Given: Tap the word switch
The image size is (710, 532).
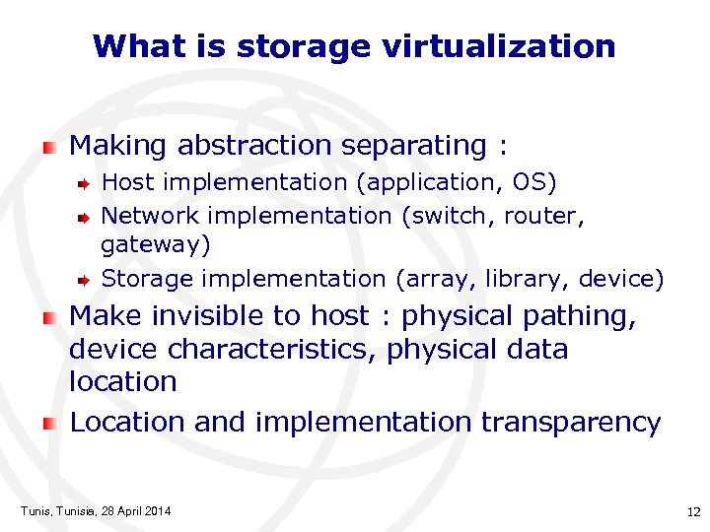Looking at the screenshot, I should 450,215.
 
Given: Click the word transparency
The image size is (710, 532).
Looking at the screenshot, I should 571,423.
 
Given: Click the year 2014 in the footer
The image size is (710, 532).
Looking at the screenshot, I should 156,510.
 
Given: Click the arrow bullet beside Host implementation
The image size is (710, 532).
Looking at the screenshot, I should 85,183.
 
